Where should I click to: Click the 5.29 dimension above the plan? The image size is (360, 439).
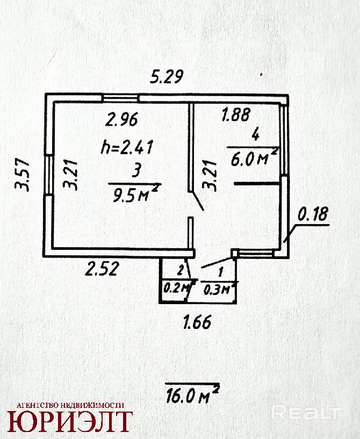(x=166, y=78)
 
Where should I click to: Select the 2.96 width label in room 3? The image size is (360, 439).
(x=122, y=119)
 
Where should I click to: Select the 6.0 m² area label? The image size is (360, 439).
(x=254, y=159)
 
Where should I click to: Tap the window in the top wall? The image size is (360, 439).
(x=121, y=98)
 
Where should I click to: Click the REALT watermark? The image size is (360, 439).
(x=306, y=413)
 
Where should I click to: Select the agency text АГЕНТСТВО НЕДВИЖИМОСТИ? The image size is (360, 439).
(x=70, y=405)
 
